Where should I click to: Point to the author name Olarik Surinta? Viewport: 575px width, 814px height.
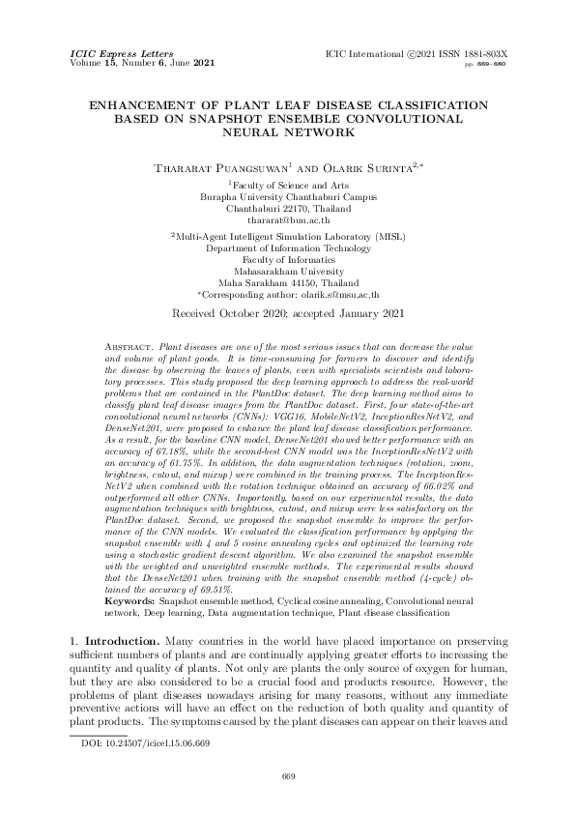[x=349, y=167]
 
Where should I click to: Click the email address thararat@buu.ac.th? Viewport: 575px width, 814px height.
[x=287, y=220]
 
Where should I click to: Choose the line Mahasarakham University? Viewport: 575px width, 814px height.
[x=287, y=272]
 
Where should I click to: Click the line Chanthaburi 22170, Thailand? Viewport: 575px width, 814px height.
[x=287, y=208]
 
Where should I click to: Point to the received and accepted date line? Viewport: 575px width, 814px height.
[x=287, y=314]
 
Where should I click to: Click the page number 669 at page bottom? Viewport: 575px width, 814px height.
[x=287, y=775]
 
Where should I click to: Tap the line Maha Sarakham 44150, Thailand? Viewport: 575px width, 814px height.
[x=287, y=282]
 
